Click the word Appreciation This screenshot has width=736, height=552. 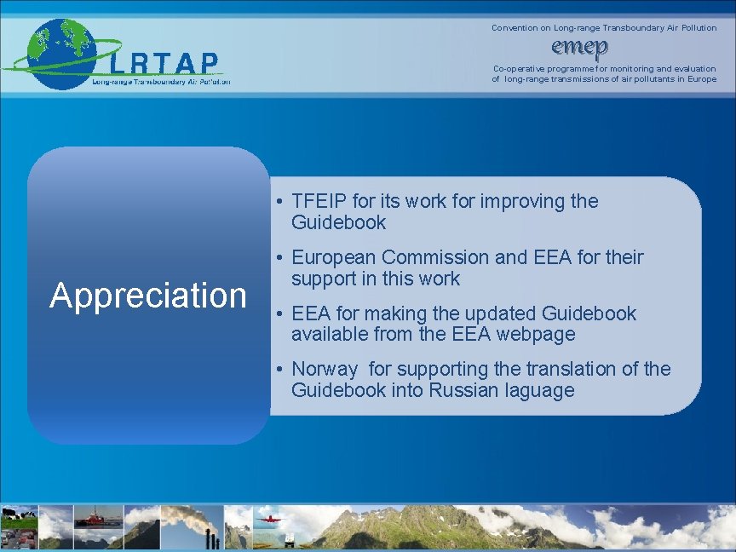pyautogui.click(x=148, y=295)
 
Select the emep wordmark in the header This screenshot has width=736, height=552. pyautogui.click(x=579, y=46)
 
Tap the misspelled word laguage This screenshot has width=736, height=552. pyautogui.click(x=540, y=391)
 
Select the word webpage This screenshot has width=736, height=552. pyautogui.click(x=535, y=335)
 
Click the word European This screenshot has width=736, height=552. pyautogui.click(x=335, y=257)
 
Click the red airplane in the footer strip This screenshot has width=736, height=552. pyautogui.click(x=266, y=517)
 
